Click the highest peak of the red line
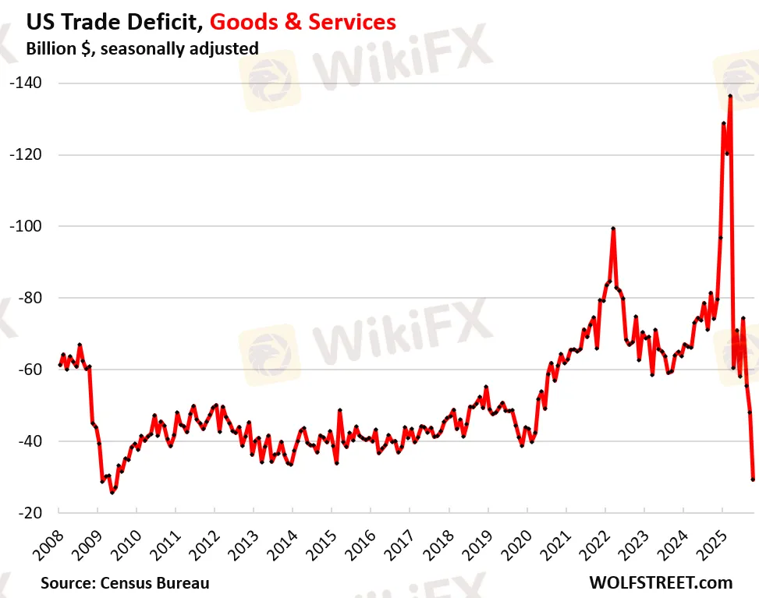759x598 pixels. point(729,96)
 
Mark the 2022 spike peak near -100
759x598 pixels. point(613,228)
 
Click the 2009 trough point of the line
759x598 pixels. point(112,493)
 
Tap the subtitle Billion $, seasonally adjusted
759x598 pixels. point(142,48)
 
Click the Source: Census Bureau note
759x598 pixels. point(126,582)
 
